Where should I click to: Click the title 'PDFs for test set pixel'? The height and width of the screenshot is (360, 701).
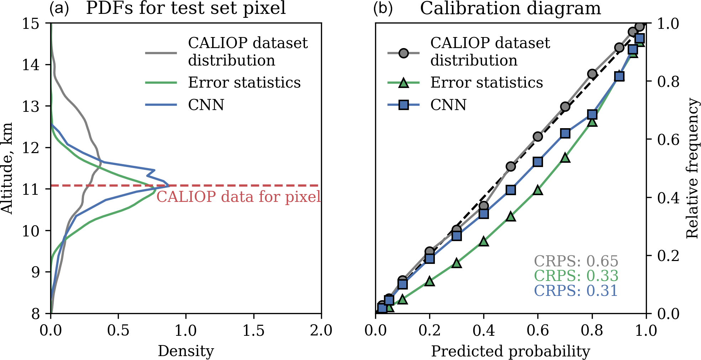tap(186, 8)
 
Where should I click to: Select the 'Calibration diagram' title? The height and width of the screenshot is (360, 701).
tap(510, 8)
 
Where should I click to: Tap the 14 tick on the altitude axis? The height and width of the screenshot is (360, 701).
tap(32, 65)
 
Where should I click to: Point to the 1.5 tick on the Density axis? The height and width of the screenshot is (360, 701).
tap(253, 330)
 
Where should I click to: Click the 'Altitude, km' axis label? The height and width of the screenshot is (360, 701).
tap(7, 168)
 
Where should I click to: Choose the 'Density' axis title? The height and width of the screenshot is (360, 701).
tap(186, 351)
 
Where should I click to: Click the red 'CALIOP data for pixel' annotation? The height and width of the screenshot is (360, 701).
tap(238, 197)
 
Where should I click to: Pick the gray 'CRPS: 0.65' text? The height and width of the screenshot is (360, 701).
tap(576, 261)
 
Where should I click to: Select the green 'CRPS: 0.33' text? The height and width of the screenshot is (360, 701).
tap(576, 276)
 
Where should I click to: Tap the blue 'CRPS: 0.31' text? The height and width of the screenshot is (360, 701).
tap(576, 291)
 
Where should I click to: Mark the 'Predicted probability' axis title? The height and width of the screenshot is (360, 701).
tap(510, 351)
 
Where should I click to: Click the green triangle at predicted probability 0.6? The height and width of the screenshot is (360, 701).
tap(538, 190)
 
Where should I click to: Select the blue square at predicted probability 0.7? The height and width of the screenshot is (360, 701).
tap(565, 134)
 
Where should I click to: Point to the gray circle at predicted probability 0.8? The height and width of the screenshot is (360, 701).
tap(592, 74)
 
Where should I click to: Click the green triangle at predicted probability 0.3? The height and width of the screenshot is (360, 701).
tap(457, 263)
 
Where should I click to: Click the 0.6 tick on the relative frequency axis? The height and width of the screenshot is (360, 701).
tap(668, 139)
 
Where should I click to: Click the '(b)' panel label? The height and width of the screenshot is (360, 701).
tap(383, 8)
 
